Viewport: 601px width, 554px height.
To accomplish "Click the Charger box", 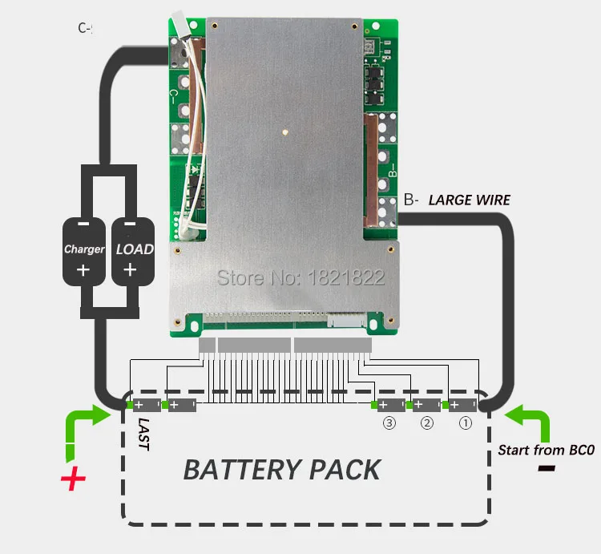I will pos(84,249).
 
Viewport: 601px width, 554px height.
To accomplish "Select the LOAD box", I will pos(134,249).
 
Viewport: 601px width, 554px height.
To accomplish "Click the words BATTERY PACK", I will pos(282,469).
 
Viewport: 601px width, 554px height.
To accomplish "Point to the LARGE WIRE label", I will pos(469,200).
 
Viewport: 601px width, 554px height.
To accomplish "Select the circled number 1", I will pos(466,423).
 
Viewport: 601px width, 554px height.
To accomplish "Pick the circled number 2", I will pos(427,423).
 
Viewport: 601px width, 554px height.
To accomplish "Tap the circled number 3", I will pos(389,423).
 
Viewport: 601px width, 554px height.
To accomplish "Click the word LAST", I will pos(143,434).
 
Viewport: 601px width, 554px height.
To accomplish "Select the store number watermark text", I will pos(301,278).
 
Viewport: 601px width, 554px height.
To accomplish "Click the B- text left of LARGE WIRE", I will pos(411,200).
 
